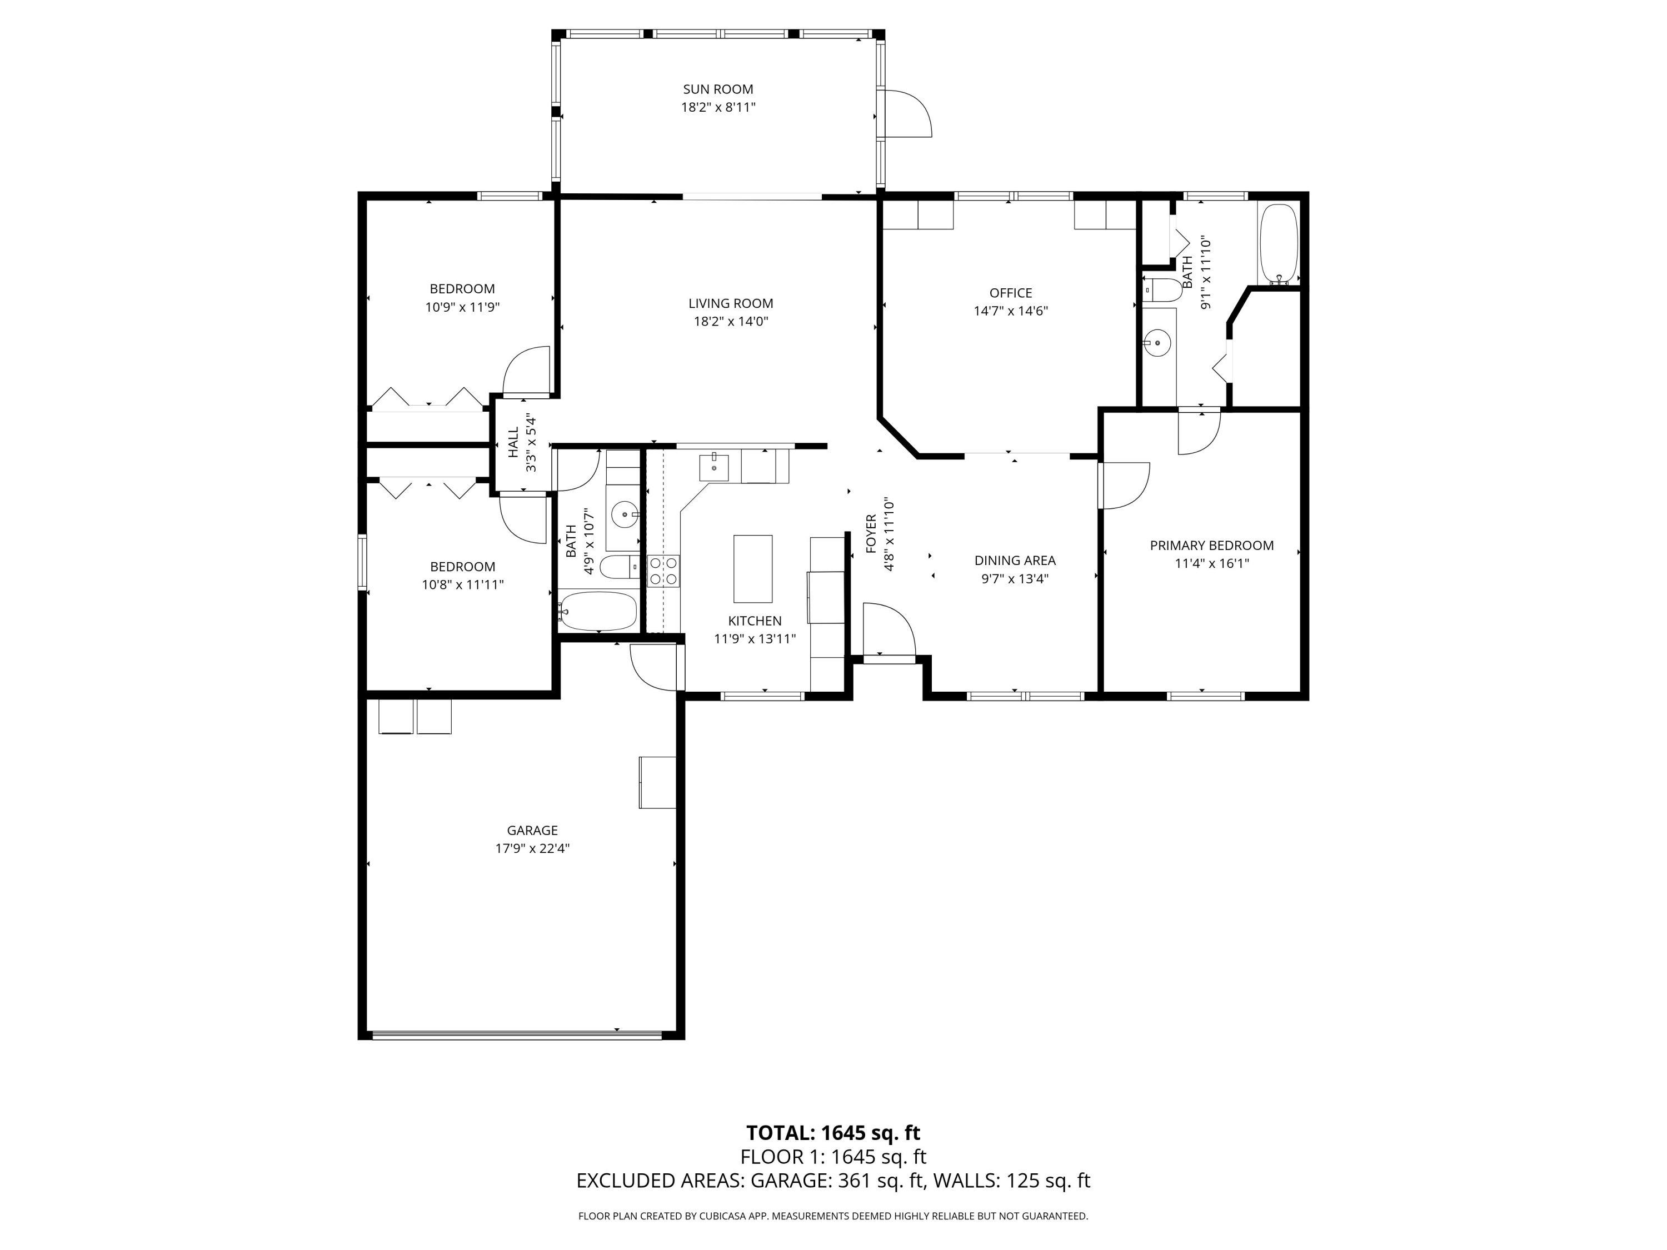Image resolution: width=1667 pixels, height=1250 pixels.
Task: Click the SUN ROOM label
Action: [x=718, y=89]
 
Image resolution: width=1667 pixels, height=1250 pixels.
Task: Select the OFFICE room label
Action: [x=1011, y=293]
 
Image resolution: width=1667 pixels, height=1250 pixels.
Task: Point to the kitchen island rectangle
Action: [x=753, y=569]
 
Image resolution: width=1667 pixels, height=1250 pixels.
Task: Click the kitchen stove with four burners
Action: [x=663, y=571]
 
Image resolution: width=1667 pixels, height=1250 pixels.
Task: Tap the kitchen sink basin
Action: [x=713, y=467]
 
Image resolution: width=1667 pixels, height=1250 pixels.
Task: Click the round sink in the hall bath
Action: [x=625, y=516]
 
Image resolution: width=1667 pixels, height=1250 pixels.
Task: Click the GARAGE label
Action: [x=532, y=831]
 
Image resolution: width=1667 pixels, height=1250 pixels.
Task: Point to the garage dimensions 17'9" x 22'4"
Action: [x=532, y=848]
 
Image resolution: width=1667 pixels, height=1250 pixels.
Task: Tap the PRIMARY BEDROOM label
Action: [x=1212, y=546]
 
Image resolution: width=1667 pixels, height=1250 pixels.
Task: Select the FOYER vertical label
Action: [x=871, y=534]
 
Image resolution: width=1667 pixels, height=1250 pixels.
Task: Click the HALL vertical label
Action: [x=513, y=443]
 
